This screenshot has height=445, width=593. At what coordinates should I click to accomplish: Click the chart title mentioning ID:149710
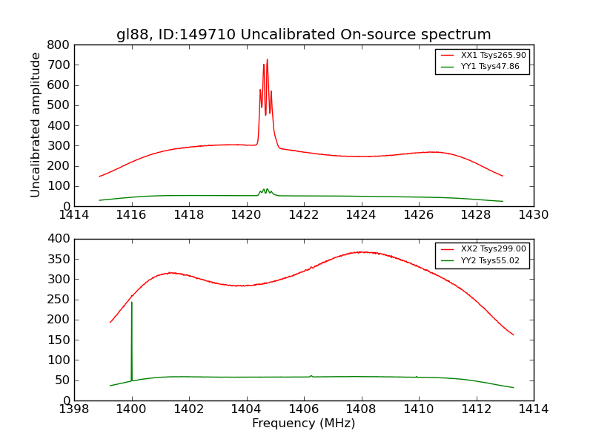click(x=303, y=35)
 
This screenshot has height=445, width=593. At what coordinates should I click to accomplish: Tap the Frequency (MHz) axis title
click(x=303, y=423)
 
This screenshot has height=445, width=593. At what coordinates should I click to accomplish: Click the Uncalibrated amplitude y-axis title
click(x=36, y=125)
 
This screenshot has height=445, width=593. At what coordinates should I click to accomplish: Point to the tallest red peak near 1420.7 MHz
click(x=268, y=60)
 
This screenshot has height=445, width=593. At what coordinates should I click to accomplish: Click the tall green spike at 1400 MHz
click(x=132, y=303)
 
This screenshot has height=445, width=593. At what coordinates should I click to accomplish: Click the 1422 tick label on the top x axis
click(x=303, y=215)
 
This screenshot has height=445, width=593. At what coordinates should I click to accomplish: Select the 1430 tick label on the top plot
click(x=533, y=215)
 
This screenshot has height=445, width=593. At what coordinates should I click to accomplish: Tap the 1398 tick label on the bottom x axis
click(x=74, y=409)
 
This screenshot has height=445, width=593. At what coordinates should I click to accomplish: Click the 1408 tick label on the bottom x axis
click(x=361, y=409)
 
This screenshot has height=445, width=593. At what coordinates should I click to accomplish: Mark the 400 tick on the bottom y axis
click(x=60, y=239)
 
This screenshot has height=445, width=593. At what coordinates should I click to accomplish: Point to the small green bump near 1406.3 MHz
click(x=311, y=376)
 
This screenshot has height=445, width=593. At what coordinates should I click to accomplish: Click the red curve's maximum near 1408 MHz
click(x=361, y=252)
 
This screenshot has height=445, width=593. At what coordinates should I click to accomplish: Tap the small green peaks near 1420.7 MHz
click(x=265, y=191)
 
